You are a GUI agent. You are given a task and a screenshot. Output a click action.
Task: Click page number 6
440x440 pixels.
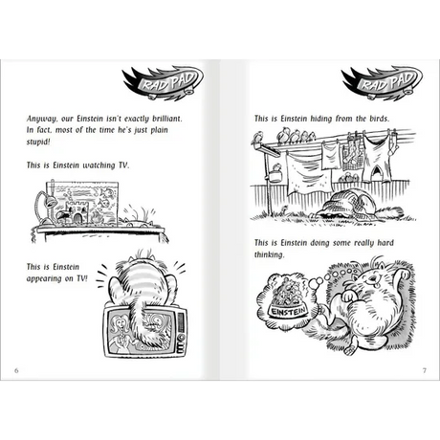click(16, 370)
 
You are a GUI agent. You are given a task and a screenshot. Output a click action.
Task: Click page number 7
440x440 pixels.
click(424, 370)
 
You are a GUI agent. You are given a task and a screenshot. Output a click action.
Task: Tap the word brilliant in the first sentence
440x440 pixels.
click(167, 119)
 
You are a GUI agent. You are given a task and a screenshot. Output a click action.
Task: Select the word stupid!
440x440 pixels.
click(38, 142)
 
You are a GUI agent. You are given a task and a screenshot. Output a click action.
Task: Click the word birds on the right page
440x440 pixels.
click(380, 119)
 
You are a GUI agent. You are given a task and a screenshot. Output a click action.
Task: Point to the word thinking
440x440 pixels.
click(269, 254)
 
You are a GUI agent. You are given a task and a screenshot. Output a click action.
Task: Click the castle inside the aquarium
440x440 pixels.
click(76, 212)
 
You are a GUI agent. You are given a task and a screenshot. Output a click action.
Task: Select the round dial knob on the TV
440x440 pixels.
click(182, 337)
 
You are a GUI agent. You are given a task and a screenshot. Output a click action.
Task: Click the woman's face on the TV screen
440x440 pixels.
click(121, 323)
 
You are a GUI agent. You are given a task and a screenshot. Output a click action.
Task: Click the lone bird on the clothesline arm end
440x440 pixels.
click(257, 138)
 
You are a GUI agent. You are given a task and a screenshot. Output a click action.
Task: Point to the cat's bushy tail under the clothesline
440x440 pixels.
click(390, 212)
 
